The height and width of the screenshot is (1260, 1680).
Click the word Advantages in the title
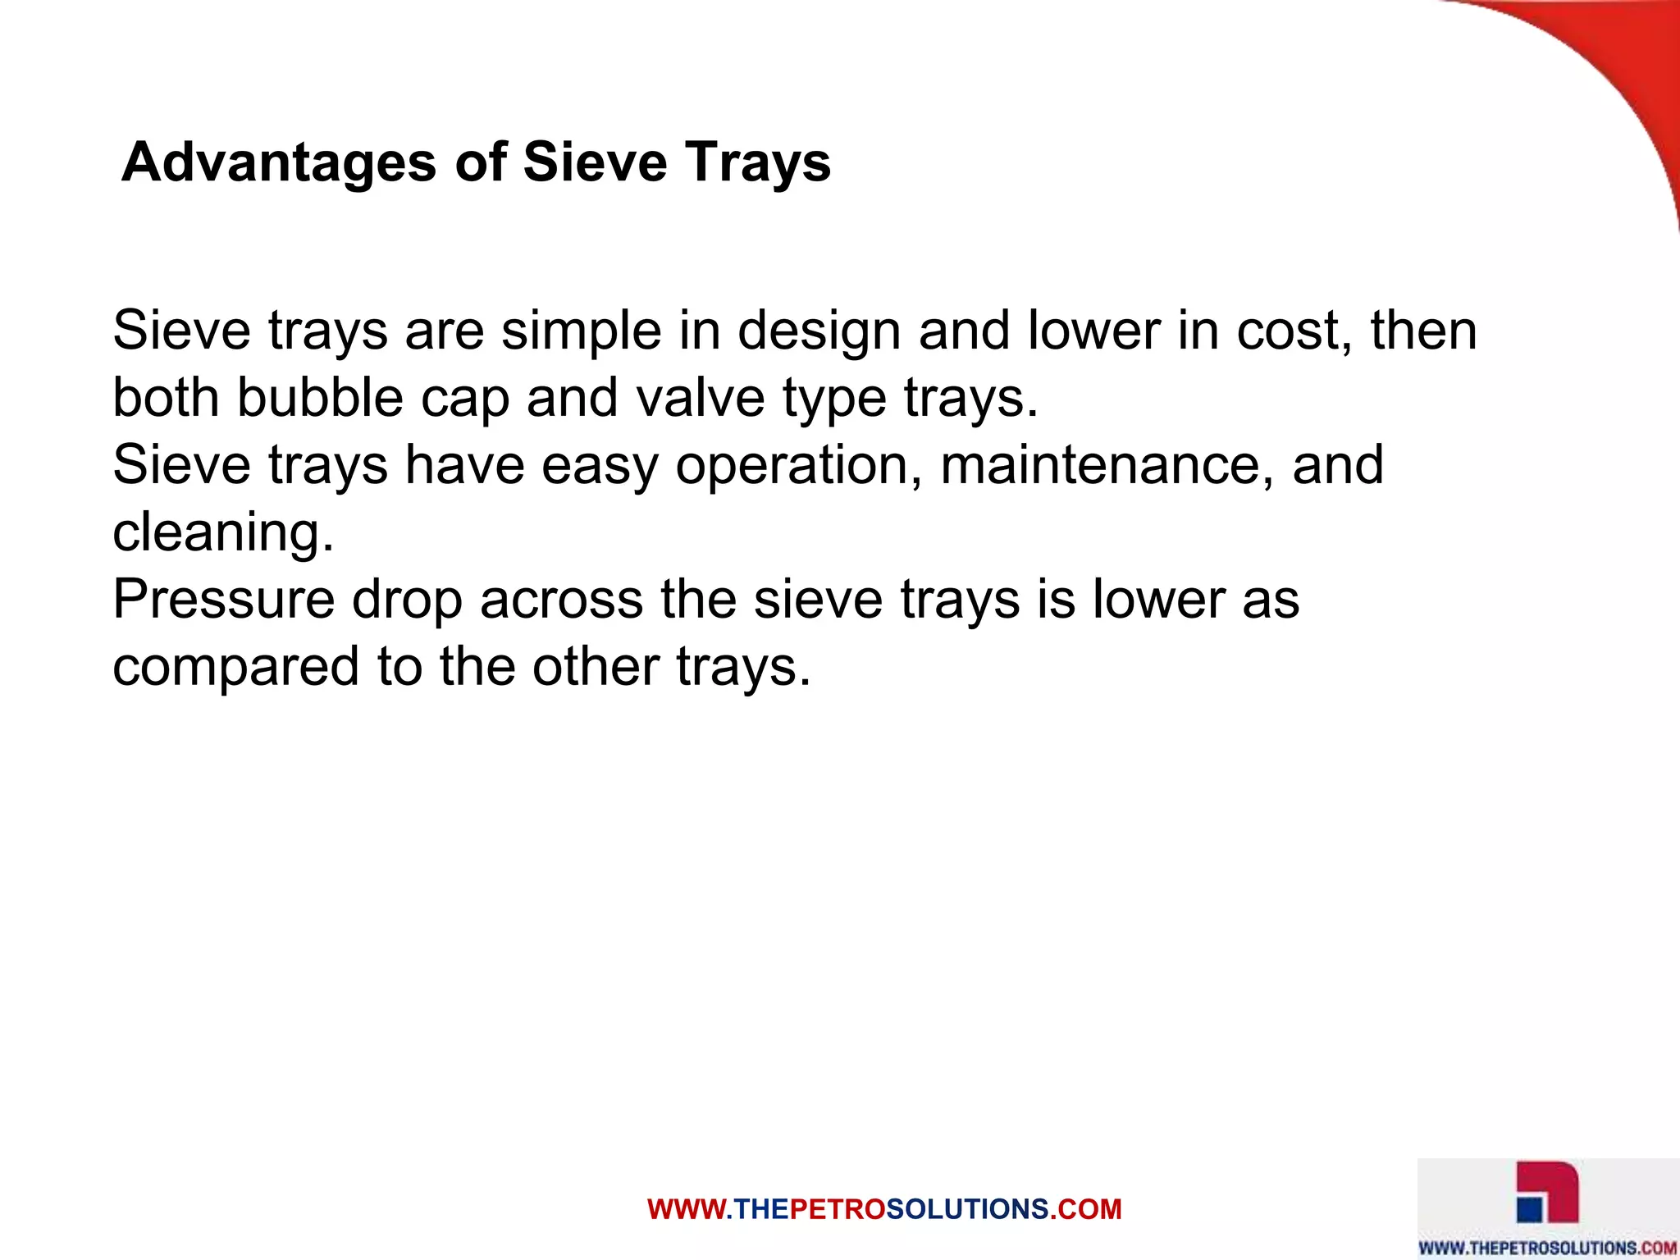tap(279, 162)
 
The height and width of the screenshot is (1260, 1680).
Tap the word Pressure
tap(224, 599)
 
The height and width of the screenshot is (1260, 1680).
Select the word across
tap(562, 599)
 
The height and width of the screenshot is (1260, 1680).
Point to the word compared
tap(236, 666)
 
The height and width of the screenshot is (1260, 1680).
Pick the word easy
tap(600, 466)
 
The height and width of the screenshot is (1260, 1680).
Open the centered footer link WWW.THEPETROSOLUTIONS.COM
tap(884, 1209)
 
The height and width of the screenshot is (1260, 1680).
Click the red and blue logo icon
tap(1547, 1194)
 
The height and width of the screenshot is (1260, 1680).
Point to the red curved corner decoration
tap(1608, 74)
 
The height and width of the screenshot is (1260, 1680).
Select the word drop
tap(406, 600)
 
